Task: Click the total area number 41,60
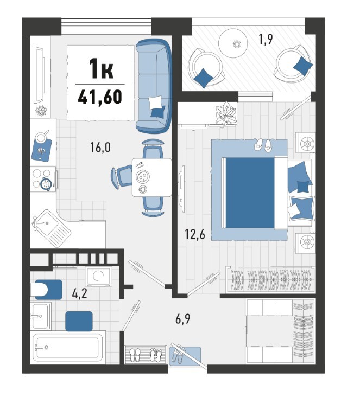point(100,97)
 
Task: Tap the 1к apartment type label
point(101,68)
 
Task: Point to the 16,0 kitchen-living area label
point(100,147)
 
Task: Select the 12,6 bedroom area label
point(195,234)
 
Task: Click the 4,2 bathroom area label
point(80,294)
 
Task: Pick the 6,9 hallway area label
point(183,319)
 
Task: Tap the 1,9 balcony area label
point(266,39)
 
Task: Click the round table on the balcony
point(233,43)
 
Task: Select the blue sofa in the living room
point(154,86)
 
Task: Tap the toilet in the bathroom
point(46,290)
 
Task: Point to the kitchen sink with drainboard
point(51,228)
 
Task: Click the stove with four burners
point(43,180)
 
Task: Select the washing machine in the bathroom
point(98,276)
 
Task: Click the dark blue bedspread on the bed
point(250,193)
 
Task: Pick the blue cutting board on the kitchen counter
point(42,150)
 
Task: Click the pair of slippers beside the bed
point(263,145)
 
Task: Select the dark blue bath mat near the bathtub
point(79,321)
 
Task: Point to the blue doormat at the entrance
point(185,356)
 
